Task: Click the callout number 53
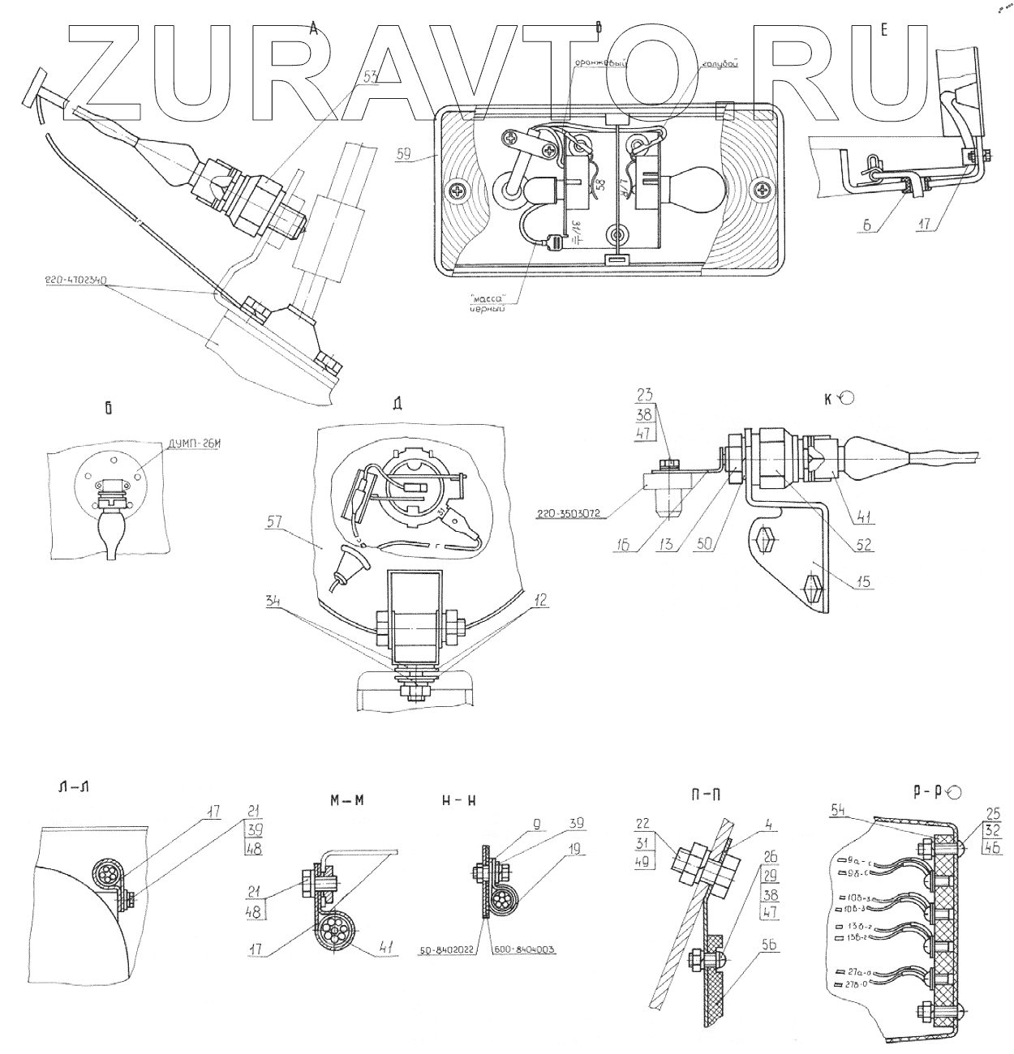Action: click(372, 79)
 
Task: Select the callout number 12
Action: click(541, 601)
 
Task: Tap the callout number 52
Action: click(864, 546)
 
